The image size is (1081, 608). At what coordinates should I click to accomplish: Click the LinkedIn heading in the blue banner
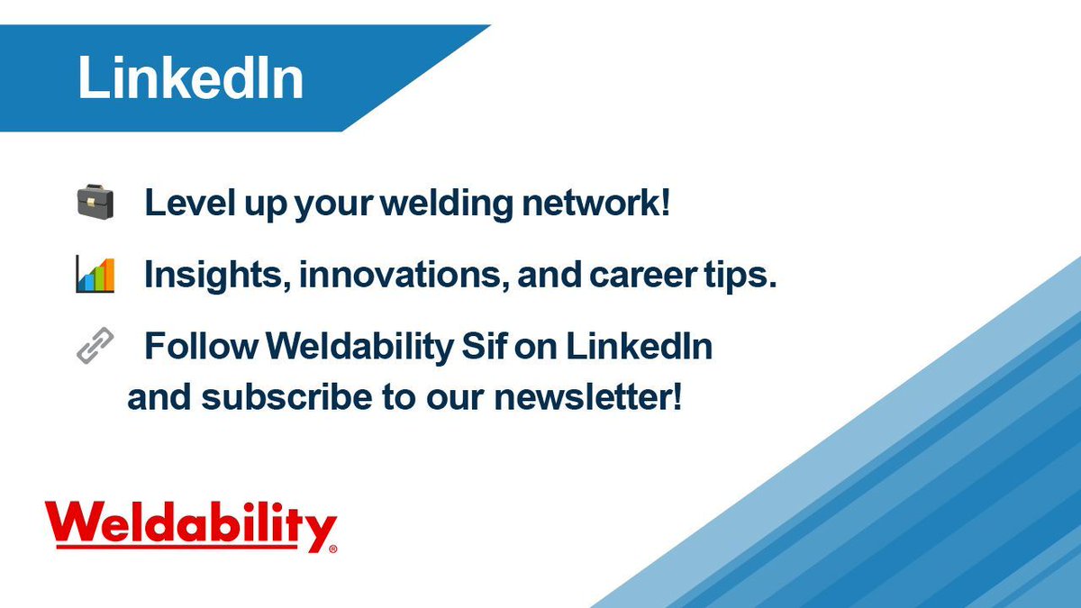pos(190,78)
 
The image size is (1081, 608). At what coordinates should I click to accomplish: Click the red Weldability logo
pos(190,525)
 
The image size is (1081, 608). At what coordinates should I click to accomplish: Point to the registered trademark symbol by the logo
pos(332,548)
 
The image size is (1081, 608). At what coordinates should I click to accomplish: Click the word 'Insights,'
pos(216,276)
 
